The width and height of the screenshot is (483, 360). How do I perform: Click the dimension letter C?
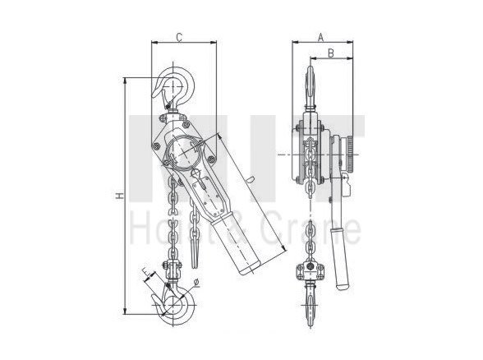tap(178, 37)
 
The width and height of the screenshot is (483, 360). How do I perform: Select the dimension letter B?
tap(330, 53)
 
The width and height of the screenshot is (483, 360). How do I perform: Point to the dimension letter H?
tap(118, 196)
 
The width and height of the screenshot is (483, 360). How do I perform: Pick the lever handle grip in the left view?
tap(246, 246)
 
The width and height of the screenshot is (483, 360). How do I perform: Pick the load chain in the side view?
tap(309, 230)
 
